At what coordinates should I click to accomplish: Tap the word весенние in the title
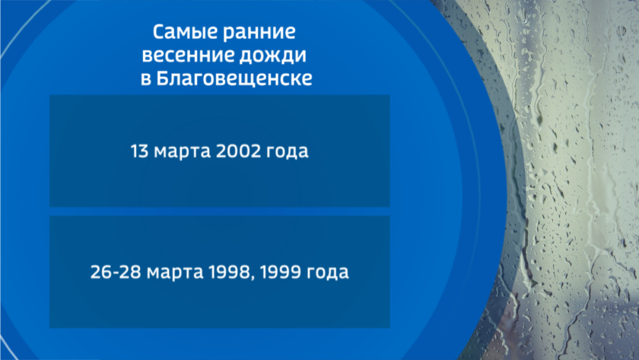click(x=187, y=55)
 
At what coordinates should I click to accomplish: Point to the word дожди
click(x=272, y=56)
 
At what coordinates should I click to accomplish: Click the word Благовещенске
click(x=234, y=78)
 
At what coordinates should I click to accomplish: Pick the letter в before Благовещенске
click(x=146, y=79)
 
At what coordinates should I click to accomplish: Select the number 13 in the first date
click(x=139, y=151)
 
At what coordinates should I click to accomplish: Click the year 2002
click(x=238, y=151)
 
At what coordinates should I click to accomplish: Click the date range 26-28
click(x=116, y=272)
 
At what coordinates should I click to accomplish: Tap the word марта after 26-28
click(x=175, y=272)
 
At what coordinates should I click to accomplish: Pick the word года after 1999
click(x=328, y=272)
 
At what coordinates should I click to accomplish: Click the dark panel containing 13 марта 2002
click(x=220, y=151)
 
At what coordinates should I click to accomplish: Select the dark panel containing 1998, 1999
click(x=220, y=272)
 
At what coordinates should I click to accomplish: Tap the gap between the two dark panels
click(x=220, y=211)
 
